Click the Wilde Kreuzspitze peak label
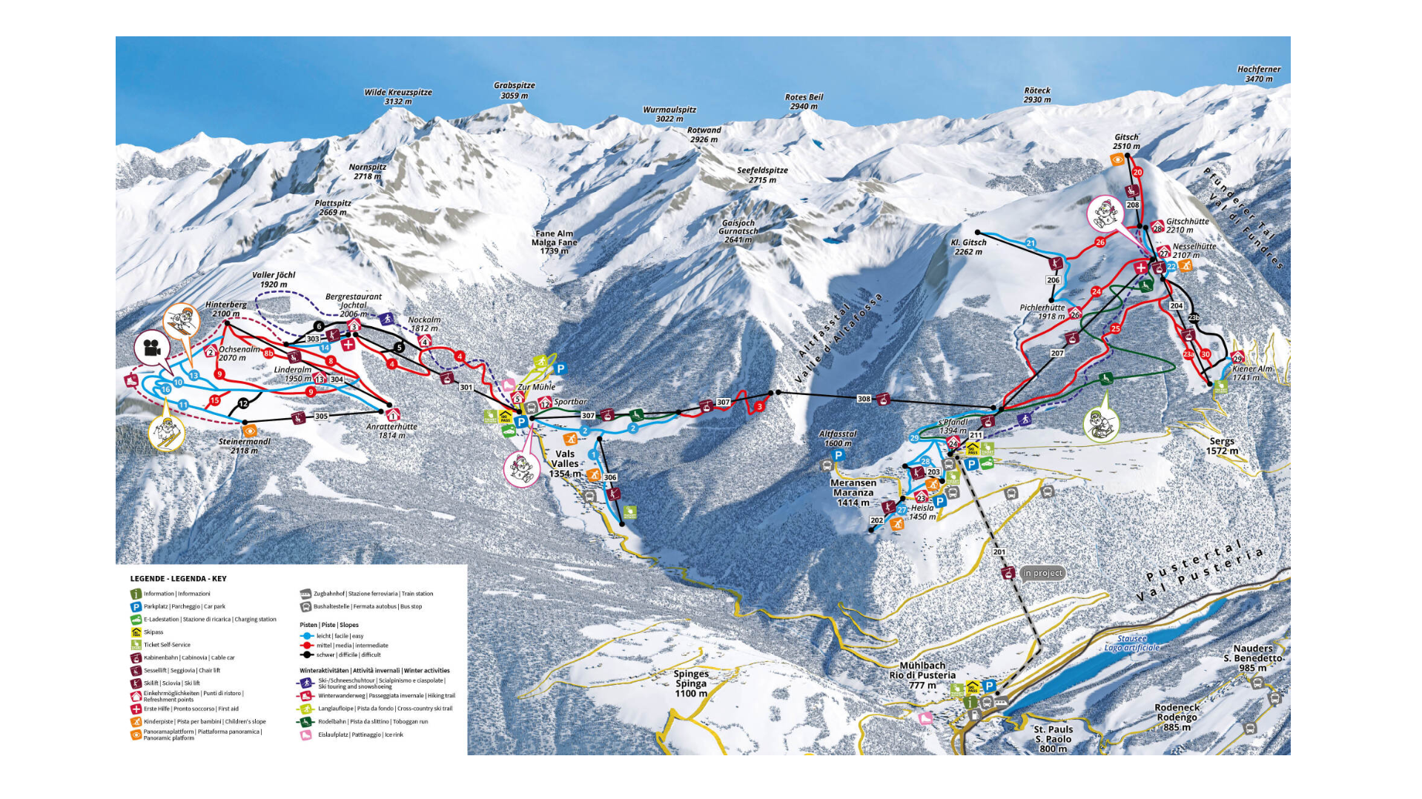pos(397,97)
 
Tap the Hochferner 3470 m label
pos(1258,74)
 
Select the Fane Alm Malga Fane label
pos(554,242)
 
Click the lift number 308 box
pos(864,399)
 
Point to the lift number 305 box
pos(321,417)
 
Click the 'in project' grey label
pos(1042,573)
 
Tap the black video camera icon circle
pos(152,348)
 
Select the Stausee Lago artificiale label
pos(1131,643)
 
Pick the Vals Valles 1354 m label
pos(565,463)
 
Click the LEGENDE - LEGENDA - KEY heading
pos(178,579)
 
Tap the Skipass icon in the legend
pos(136,632)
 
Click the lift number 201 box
pos(999,552)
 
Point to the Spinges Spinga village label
pos(691,683)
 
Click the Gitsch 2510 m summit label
pos(1126,142)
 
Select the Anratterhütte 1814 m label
pos(391,431)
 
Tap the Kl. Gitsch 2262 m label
pos(968,247)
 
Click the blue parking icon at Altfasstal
pos(839,455)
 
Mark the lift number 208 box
pos(1133,205)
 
